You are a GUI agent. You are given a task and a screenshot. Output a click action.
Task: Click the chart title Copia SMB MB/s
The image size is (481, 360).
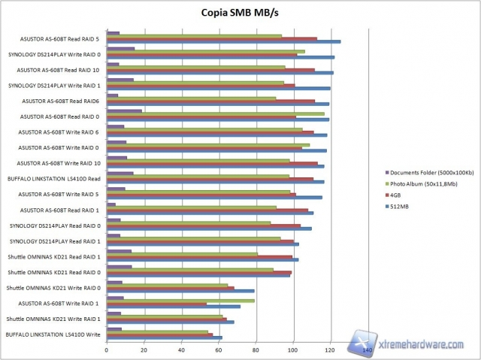[x=240, y=12]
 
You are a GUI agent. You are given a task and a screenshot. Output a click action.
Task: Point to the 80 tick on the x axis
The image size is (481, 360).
[x=256, y=350]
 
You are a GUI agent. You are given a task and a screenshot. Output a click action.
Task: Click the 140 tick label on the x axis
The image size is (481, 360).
[x=367, y=350]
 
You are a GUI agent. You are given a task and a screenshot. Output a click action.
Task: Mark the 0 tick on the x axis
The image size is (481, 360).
[x=107, y=350]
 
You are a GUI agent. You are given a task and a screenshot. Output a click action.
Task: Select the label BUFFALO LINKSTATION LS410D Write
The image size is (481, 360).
[x=53, y=334]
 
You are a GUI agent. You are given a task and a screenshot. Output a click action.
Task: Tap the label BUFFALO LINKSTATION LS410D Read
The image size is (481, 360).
[x=54, y=179]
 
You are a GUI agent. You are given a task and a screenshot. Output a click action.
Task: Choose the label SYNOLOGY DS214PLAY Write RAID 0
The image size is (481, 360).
[x=55, y=54]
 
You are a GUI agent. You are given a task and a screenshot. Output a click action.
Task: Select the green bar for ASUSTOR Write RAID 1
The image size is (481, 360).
[x=180, y=301]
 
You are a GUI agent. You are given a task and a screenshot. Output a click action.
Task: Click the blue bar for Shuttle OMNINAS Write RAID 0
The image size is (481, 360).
[x=180, y=291]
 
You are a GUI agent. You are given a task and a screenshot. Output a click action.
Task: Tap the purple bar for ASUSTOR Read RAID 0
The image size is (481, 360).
[x=124, y=111]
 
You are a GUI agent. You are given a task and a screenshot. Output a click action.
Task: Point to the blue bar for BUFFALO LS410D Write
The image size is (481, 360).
[x=165, y=337]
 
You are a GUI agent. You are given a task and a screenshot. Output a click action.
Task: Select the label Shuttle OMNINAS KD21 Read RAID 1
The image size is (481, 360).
[x=54, y=256]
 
